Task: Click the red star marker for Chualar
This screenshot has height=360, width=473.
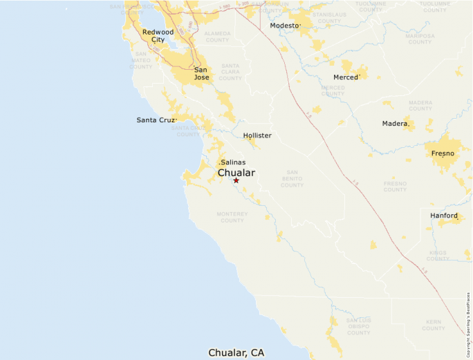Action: click(236, 180)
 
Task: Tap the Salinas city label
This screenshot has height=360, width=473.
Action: click(233, 162)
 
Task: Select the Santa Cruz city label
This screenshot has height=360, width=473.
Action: click(156, 120)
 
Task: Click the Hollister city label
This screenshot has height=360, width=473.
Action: click(257, 135)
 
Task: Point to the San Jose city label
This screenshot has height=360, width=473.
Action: click(201, 73)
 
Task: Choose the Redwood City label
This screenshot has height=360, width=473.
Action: click(158, 36)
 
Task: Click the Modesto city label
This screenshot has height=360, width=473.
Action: click(284, 26)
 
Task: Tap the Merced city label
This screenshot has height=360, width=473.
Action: click(345, 77)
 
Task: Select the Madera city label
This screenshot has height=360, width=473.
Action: click(395, 124)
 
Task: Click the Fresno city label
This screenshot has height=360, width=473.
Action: click(443, 153)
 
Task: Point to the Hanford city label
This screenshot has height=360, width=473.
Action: click(444, 216)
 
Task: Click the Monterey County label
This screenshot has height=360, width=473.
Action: click(232, 218)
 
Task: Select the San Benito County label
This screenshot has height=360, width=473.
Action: click(292, 178)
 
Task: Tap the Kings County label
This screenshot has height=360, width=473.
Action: click(438, 256)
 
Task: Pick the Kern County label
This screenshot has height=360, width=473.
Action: click(434, 325)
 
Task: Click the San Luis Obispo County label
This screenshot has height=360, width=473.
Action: click(359, 327)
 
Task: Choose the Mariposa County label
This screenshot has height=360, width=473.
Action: click(420, 39)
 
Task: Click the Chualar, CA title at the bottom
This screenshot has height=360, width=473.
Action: click(236, 352)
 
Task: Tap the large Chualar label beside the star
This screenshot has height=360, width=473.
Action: click(236, 173)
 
